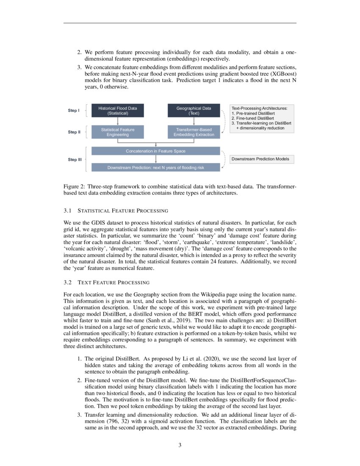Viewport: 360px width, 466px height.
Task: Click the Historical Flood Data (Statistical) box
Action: [x=117, y=111]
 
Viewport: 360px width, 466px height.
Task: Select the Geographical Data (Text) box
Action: [x=194, y=111]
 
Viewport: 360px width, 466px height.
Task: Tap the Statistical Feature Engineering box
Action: [x=117, y=132]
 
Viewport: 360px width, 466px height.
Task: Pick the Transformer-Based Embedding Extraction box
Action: [x=194, y=132]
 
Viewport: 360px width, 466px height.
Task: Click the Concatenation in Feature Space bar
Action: [x=155, y=151]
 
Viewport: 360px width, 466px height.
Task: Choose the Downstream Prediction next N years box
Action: [x=155, y=167]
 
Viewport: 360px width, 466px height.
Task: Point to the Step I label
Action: [x=73, y=111]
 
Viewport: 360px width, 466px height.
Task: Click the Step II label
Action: [x=74, y=132]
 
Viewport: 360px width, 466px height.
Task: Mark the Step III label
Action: [x=75, y=160]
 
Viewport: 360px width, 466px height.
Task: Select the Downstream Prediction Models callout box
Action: [x=261, y=159]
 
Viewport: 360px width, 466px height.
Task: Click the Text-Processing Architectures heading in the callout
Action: [x=259, y=108]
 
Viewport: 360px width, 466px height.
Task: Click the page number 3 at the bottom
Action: [x=180, y=445]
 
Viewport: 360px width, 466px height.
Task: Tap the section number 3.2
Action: [x=68, y=282]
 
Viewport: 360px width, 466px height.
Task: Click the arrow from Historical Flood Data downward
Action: [x=117, y=121]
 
